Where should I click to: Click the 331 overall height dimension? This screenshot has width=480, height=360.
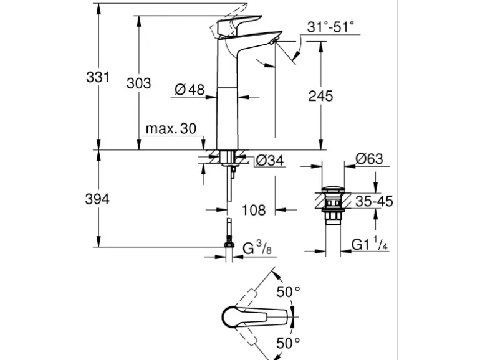[x=98, y=78]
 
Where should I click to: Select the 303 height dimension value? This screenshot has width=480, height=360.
[x=138, y=83]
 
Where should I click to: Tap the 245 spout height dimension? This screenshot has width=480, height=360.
[x=320, y=95]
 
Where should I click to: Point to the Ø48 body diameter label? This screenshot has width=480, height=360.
[x=190, y=90]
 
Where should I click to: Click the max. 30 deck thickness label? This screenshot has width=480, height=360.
[x=170, y=129]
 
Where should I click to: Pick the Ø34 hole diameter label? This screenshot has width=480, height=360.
[x=270, y=161]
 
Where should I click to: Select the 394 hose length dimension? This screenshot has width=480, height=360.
[x=98, y=199]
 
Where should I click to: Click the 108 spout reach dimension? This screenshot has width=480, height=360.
[x=253, y=209]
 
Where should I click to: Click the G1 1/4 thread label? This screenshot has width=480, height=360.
[x=370, y=245]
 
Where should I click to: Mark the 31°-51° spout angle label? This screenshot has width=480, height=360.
[x=330, y=27]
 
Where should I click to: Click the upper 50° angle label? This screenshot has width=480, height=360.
[x=289, y=291]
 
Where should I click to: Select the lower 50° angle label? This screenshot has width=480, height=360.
[x=289, y=342]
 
